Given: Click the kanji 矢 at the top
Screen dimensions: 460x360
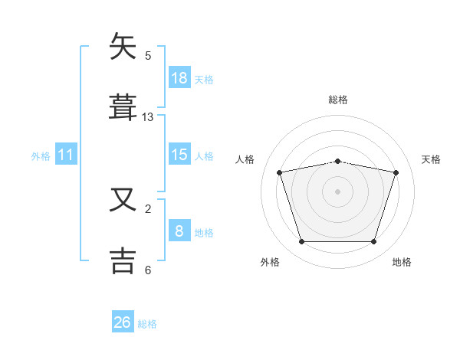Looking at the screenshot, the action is pyautogui.click(x=123, y=46).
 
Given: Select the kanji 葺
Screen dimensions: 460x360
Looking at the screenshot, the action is pyautogui.click(x=123, y=107).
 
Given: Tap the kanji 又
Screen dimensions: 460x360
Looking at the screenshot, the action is pyautogui.click(x=123, y=199).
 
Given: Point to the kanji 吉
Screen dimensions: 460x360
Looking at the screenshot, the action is pyautogui.click(x=123, y=261).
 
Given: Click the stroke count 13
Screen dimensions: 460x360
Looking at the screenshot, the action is pyautogui.click(x=147, y=117).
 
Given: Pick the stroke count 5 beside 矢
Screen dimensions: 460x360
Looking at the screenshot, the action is pyautogui.click(x=148, y=56).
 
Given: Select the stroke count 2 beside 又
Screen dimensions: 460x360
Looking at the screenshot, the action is pyautogui.click(x=148, y=209).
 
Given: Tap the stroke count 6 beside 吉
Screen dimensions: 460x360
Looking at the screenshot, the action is pyautogui.click(x=148, y=270).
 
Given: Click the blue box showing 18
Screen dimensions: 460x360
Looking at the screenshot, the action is pyautogui.click(x=179, y=77).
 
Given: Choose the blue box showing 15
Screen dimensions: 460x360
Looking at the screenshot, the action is pyautogui.click(x=179, y=154).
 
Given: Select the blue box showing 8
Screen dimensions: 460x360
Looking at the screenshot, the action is pyautogui.click(x=179, y=230).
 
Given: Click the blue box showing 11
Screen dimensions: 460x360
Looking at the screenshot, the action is pyautogui.click(x=66, y=154).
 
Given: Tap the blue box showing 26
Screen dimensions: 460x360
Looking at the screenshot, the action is pyautogui.click(x=123, y=321).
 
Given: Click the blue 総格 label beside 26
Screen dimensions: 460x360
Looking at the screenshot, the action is pyautogui.click(x=147, y=324).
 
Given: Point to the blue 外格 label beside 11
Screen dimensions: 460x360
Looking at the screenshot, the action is pyautogui.click(x=41, y=156).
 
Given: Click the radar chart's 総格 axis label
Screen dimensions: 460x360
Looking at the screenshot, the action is pyautogui.click(x=338, y=100).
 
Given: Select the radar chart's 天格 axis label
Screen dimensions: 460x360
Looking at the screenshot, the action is pyautogui.click(x=431, y=159).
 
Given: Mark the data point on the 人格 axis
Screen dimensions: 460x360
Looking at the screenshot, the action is pyautogui.click(x=280, y=172).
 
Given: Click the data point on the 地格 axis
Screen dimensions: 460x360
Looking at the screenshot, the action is pyautogui.click(x=374, y=241).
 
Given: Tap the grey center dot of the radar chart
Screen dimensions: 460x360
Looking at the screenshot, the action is pyautogui.click(x=337, y=191).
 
